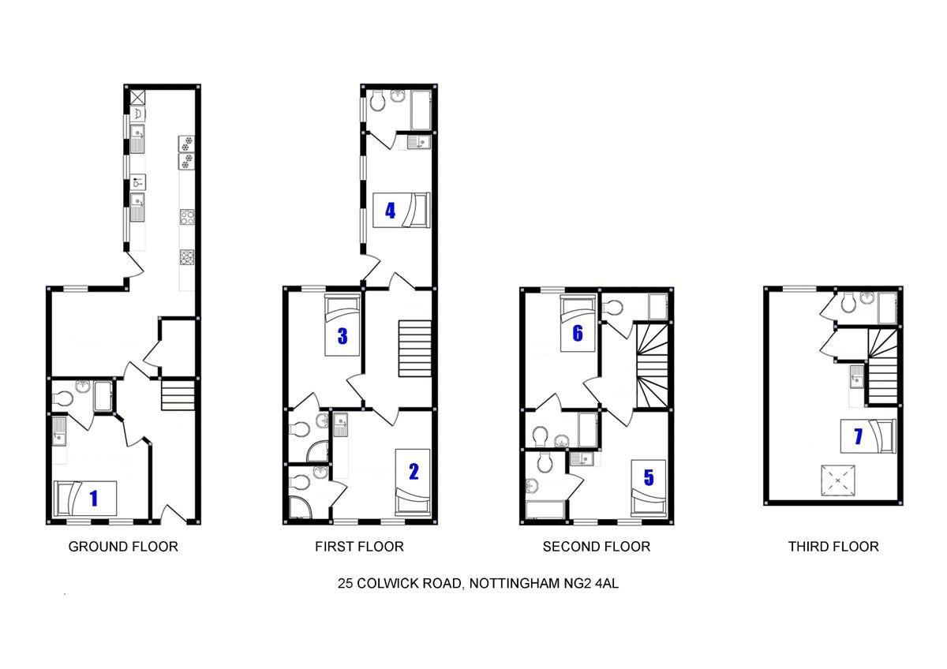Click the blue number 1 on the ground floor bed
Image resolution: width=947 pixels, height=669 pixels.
[94, 499]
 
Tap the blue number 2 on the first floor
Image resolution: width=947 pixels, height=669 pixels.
[414, 472]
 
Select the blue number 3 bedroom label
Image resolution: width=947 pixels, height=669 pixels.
[342, 336]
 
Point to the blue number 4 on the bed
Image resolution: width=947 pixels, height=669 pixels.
[390, 211]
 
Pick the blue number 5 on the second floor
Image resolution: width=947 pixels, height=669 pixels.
[649, 477]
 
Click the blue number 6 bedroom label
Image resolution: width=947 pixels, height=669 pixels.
[578, 333]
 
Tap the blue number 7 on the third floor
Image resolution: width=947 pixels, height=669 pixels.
[859, 436]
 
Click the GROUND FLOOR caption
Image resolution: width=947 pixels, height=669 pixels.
[123, 547]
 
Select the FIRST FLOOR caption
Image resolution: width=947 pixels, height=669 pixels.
[359, 547]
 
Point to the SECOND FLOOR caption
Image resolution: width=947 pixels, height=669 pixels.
[597, 547]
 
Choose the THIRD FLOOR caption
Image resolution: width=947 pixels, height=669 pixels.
[833, 547]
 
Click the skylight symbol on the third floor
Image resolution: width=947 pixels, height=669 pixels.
[838, 480]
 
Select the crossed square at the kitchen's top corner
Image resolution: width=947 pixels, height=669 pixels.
[138, 97]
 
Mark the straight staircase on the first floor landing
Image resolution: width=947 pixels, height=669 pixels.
[415, 349]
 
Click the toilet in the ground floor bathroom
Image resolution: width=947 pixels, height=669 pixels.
[62, 398]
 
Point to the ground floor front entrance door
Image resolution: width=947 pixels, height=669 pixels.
[174, 514]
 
